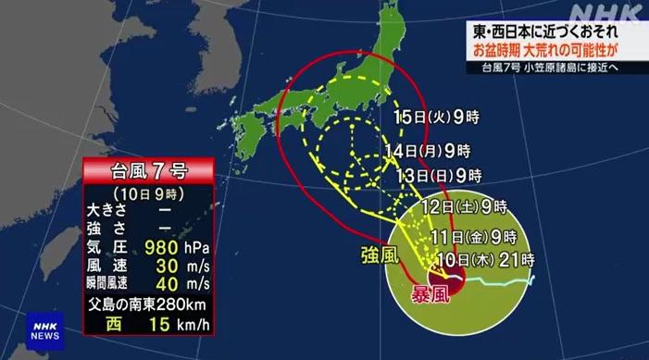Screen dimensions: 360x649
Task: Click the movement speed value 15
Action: pyautogui.click(x=160, y=323)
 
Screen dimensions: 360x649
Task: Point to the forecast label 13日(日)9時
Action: pyautogui.click(x=437, y=175)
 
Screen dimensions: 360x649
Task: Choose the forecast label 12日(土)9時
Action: pyautogui.click(x=463, y=206)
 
